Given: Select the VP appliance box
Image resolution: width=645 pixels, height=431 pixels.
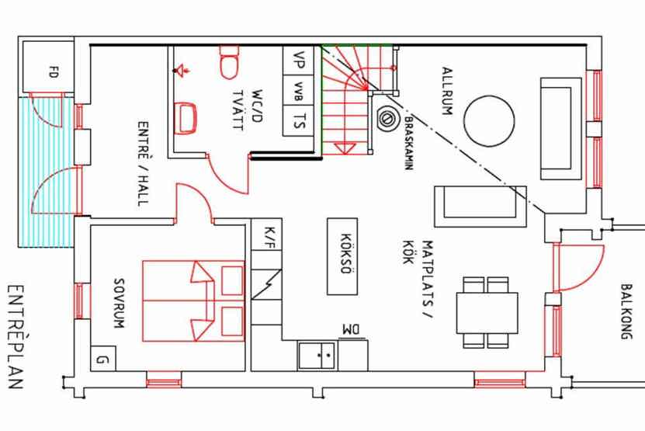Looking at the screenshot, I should tap(299, 59).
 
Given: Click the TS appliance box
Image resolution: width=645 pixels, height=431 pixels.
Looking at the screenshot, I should tap(299, 121).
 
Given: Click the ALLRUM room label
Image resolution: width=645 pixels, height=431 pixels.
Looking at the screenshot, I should tap(447, 91).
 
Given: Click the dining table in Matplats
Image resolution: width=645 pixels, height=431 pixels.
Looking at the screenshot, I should tap(487, 311).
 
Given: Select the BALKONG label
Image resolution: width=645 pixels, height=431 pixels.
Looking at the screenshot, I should tap(626, 311).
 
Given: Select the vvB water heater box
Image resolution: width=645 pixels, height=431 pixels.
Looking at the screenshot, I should tap(299, 90).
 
